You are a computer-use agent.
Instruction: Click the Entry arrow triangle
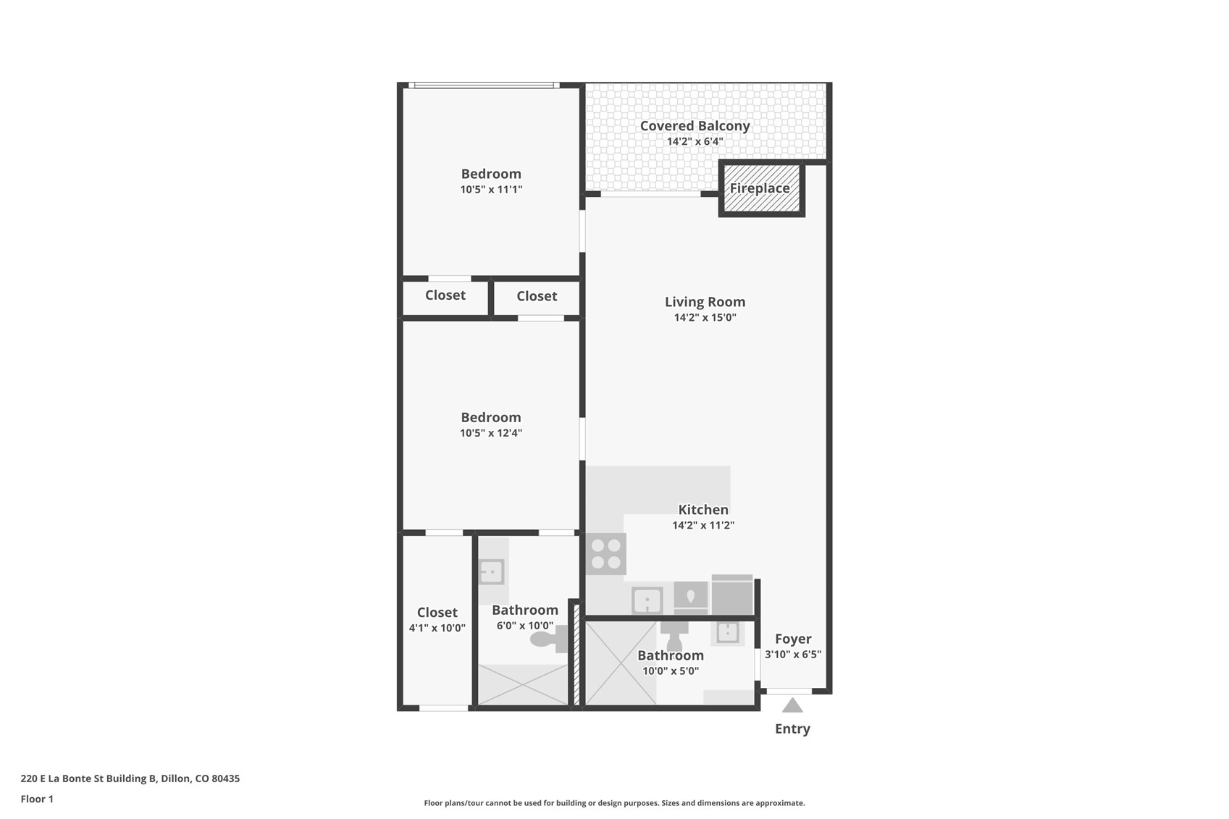point(792,705)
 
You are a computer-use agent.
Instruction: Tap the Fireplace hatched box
point(761,189)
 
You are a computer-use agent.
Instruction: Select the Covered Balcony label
point(695,126)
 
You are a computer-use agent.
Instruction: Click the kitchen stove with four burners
point(606,554)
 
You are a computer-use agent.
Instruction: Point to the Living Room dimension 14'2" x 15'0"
point(705,318)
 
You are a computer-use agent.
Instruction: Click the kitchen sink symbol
point(647,600)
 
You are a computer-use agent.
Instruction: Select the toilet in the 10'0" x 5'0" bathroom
point(675,637)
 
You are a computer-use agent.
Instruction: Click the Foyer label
point(793,639)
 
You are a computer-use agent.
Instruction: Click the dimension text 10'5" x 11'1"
point(491,190)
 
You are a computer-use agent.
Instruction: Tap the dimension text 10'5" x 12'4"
point(491,433)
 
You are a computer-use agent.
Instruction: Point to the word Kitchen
point(703,510)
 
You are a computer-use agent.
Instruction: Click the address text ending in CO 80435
point(130,778)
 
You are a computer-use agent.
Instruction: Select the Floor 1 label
point(37,799)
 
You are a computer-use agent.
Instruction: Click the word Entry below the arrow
point(792,729)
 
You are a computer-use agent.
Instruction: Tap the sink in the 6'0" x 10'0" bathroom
point(492,572)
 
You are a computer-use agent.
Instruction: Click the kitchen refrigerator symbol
point(732,596)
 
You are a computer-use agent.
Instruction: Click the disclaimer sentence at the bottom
point(614,803)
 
